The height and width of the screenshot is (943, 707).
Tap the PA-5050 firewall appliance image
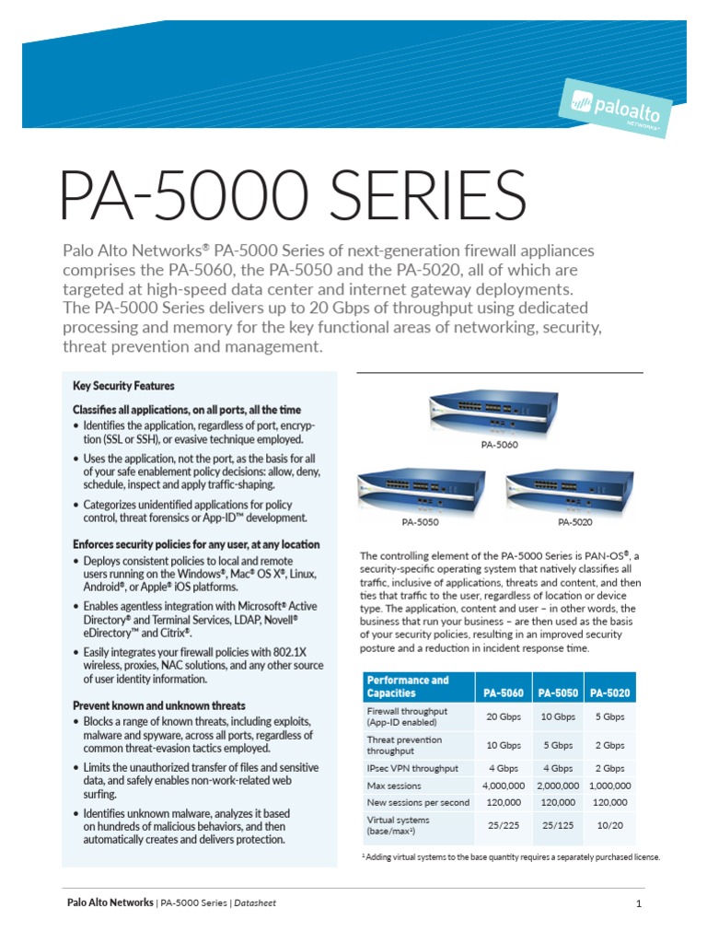point(420,492)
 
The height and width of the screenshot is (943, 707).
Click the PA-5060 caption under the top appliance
point(499,444)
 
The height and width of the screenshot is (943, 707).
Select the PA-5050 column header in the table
point(557,693)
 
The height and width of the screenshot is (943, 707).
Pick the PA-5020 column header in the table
point(609,693)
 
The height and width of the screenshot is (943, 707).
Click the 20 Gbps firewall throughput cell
point(504,716)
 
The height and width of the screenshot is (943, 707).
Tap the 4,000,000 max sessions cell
point(504,786)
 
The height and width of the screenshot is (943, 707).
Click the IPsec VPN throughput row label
point(413,767)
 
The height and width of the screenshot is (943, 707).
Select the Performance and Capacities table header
point(408,686)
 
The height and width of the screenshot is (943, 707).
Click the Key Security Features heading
point(123,386)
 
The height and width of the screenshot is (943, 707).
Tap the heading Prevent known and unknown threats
point(158,705)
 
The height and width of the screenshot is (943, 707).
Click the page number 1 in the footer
point(638,903)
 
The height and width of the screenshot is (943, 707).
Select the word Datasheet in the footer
point(256,902)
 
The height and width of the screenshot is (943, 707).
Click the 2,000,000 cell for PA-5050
point(557,786)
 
